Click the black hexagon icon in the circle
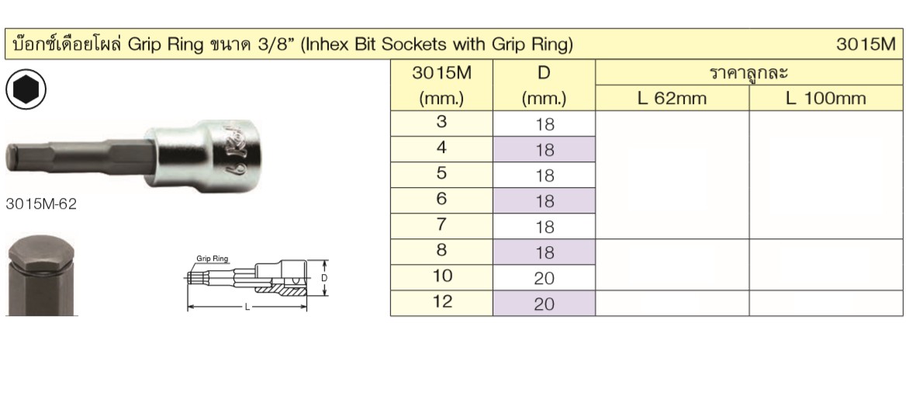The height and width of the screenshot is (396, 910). coord(26,90)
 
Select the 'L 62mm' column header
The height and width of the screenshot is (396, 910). coord(671,99)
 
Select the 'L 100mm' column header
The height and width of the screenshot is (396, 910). coord(826,99)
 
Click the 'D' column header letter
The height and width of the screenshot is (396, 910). coord(544,74)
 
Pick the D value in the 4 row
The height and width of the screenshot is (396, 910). coord(544,151)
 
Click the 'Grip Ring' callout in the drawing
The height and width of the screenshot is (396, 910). coord(211,262)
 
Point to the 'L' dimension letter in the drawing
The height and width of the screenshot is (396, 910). coord(247,307)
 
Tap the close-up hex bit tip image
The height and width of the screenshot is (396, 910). coord(40,276)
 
